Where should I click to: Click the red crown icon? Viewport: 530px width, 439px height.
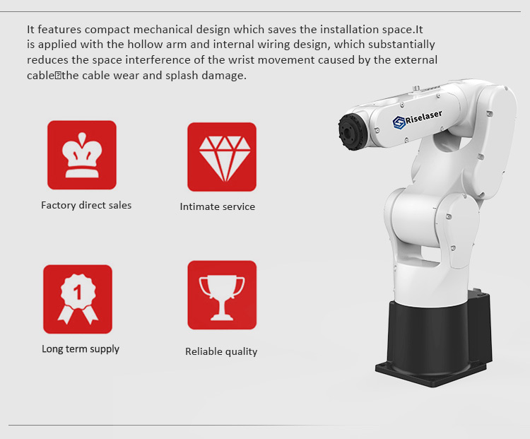82,155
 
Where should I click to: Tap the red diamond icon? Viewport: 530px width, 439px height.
222,157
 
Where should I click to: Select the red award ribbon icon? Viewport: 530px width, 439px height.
78,299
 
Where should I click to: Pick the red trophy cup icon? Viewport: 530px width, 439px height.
222,295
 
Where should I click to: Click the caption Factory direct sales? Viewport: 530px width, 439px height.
86,205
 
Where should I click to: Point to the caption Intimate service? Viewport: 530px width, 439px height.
218,206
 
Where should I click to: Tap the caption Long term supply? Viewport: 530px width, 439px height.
81,349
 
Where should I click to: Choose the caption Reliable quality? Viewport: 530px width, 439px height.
221,352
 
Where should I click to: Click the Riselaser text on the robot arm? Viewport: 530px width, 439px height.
423,117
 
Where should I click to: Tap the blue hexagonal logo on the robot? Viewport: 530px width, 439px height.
399,122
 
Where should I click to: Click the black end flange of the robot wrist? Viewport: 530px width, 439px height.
351,131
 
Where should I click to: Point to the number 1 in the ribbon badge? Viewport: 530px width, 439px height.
78,292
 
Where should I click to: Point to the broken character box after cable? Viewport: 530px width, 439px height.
58,76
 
